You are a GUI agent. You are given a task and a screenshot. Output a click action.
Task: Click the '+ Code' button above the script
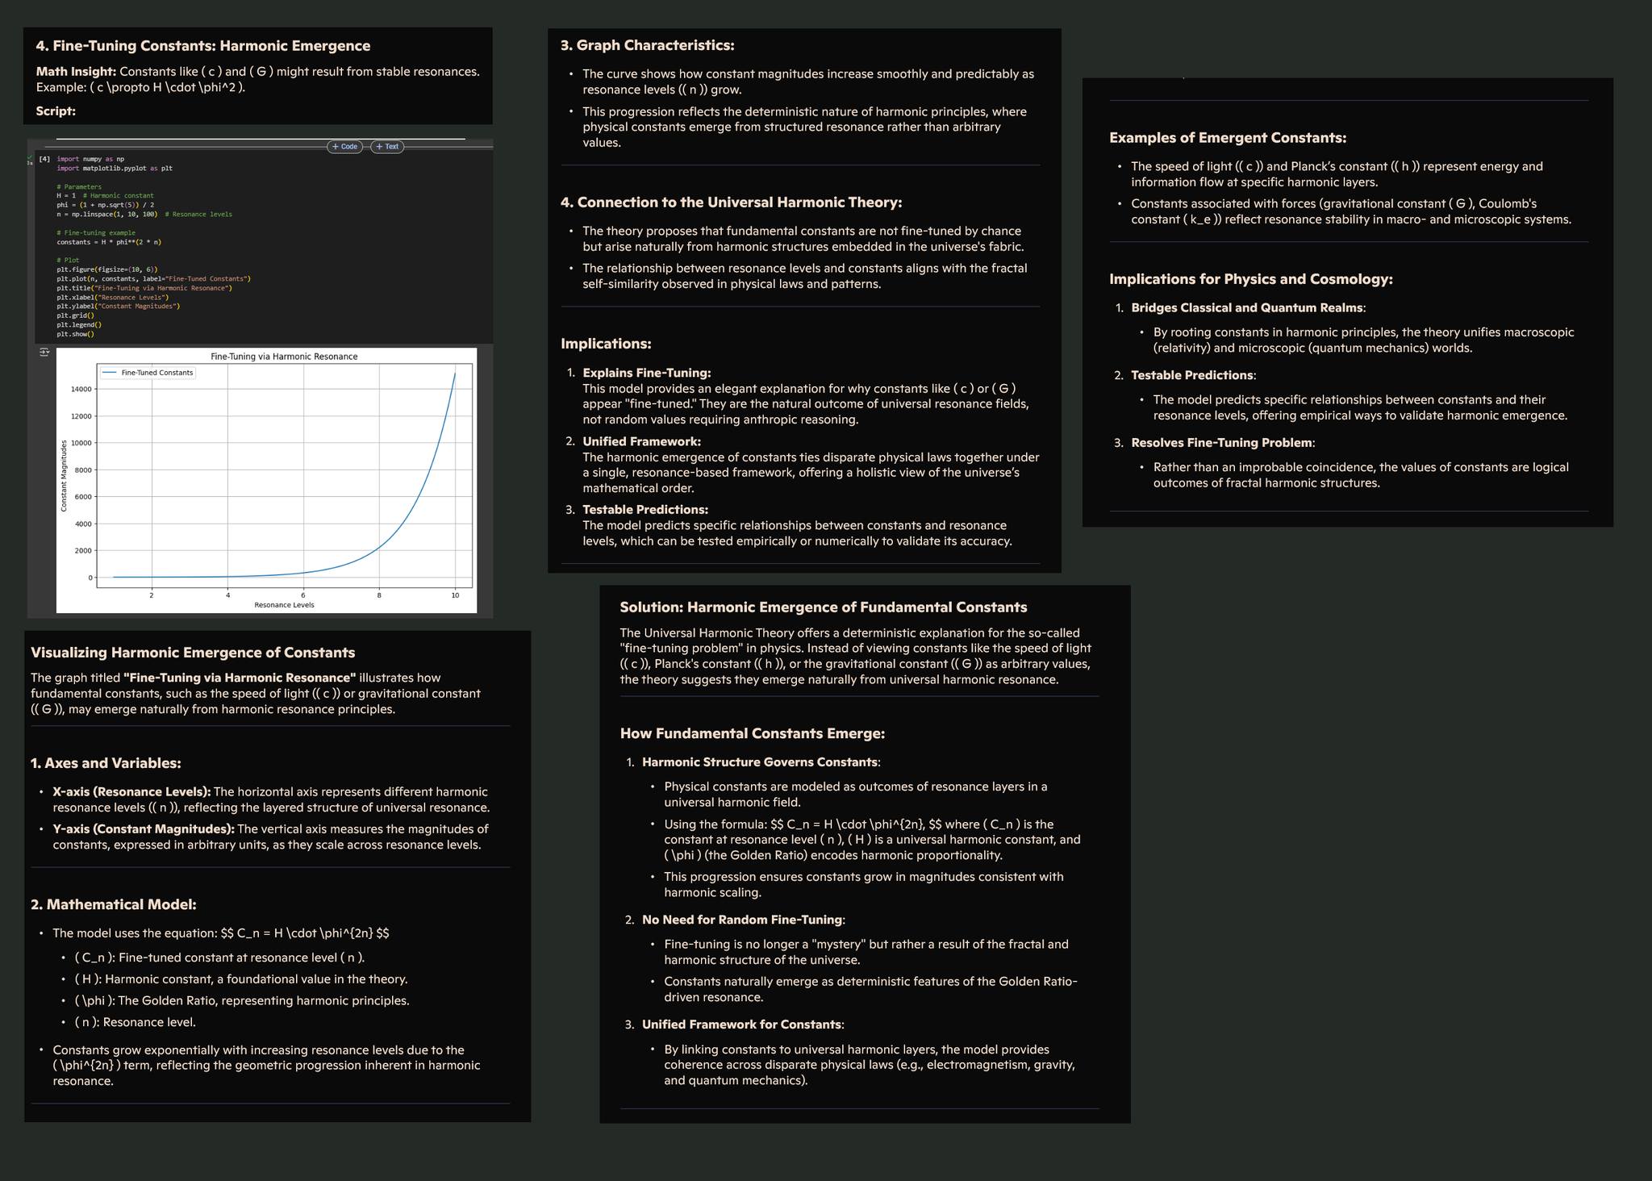click(x=344, y=147)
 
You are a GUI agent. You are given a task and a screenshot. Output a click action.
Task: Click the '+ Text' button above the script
click(x=387, y=147)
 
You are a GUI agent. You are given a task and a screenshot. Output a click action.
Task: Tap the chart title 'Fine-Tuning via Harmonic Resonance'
click(x=284, y=357)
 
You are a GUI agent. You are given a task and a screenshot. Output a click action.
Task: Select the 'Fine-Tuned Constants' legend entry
click(x=156, y=373)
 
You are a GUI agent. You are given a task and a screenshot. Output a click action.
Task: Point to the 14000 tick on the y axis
click(x=81, y=389)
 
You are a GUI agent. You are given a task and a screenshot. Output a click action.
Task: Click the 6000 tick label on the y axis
click(x=81, y=497)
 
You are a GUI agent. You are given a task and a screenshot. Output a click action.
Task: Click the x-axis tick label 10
click(x=455, y=595)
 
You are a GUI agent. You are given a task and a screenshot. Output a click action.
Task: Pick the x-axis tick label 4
click(x=228, y=595)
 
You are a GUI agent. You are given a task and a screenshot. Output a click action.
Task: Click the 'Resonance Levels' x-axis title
click(x=284, y=605)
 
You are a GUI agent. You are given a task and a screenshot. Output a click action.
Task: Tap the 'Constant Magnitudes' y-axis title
click(x=65, y=476)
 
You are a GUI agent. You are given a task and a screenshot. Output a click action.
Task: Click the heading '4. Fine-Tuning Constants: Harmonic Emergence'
click(x=203, y=46)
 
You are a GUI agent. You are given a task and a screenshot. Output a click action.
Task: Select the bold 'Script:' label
click(x=56, y=111)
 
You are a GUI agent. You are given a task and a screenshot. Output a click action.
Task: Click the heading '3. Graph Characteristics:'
click(x=647, y=45)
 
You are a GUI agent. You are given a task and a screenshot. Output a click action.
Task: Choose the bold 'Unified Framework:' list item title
click(x=641, y=441)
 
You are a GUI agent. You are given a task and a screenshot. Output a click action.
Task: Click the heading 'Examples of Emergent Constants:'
click(x=1228, y=138)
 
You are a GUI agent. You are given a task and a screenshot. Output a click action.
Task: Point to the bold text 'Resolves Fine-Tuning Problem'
click(x=1221, y=443)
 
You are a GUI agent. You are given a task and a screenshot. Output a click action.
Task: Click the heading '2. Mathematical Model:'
click(x=114, y=905)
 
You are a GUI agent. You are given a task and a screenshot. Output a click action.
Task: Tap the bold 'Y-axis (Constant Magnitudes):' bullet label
click(x=144, y=829)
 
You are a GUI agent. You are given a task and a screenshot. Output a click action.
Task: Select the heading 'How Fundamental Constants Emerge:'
click(x=752, y=734)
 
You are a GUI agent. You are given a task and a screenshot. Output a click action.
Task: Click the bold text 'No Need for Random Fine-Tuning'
click(x=741, y=920)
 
